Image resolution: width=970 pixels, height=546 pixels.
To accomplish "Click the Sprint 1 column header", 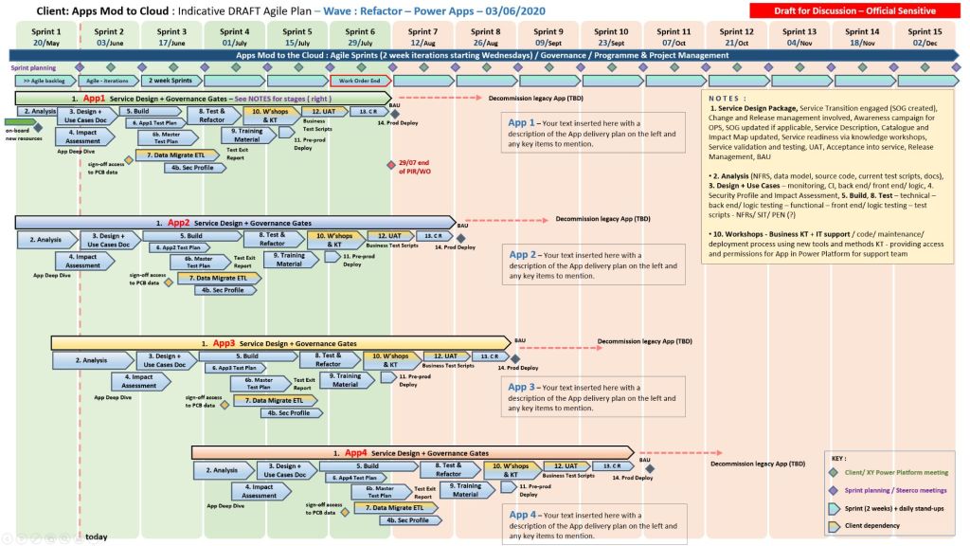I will coord(45,37).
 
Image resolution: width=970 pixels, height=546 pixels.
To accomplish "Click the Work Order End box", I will coord(360,82).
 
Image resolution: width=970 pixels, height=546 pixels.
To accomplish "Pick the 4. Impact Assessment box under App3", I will coord(139,381).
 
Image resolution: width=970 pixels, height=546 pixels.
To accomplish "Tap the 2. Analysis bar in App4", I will coord(225,470).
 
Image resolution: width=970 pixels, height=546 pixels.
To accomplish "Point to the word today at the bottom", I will coord(96,537).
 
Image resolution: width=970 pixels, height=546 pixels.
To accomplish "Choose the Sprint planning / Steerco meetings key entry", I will coord(896,490).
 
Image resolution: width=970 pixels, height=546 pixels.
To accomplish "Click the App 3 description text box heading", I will coord(522,387).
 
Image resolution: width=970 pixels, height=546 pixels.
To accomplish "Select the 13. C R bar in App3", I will coord(488,356).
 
